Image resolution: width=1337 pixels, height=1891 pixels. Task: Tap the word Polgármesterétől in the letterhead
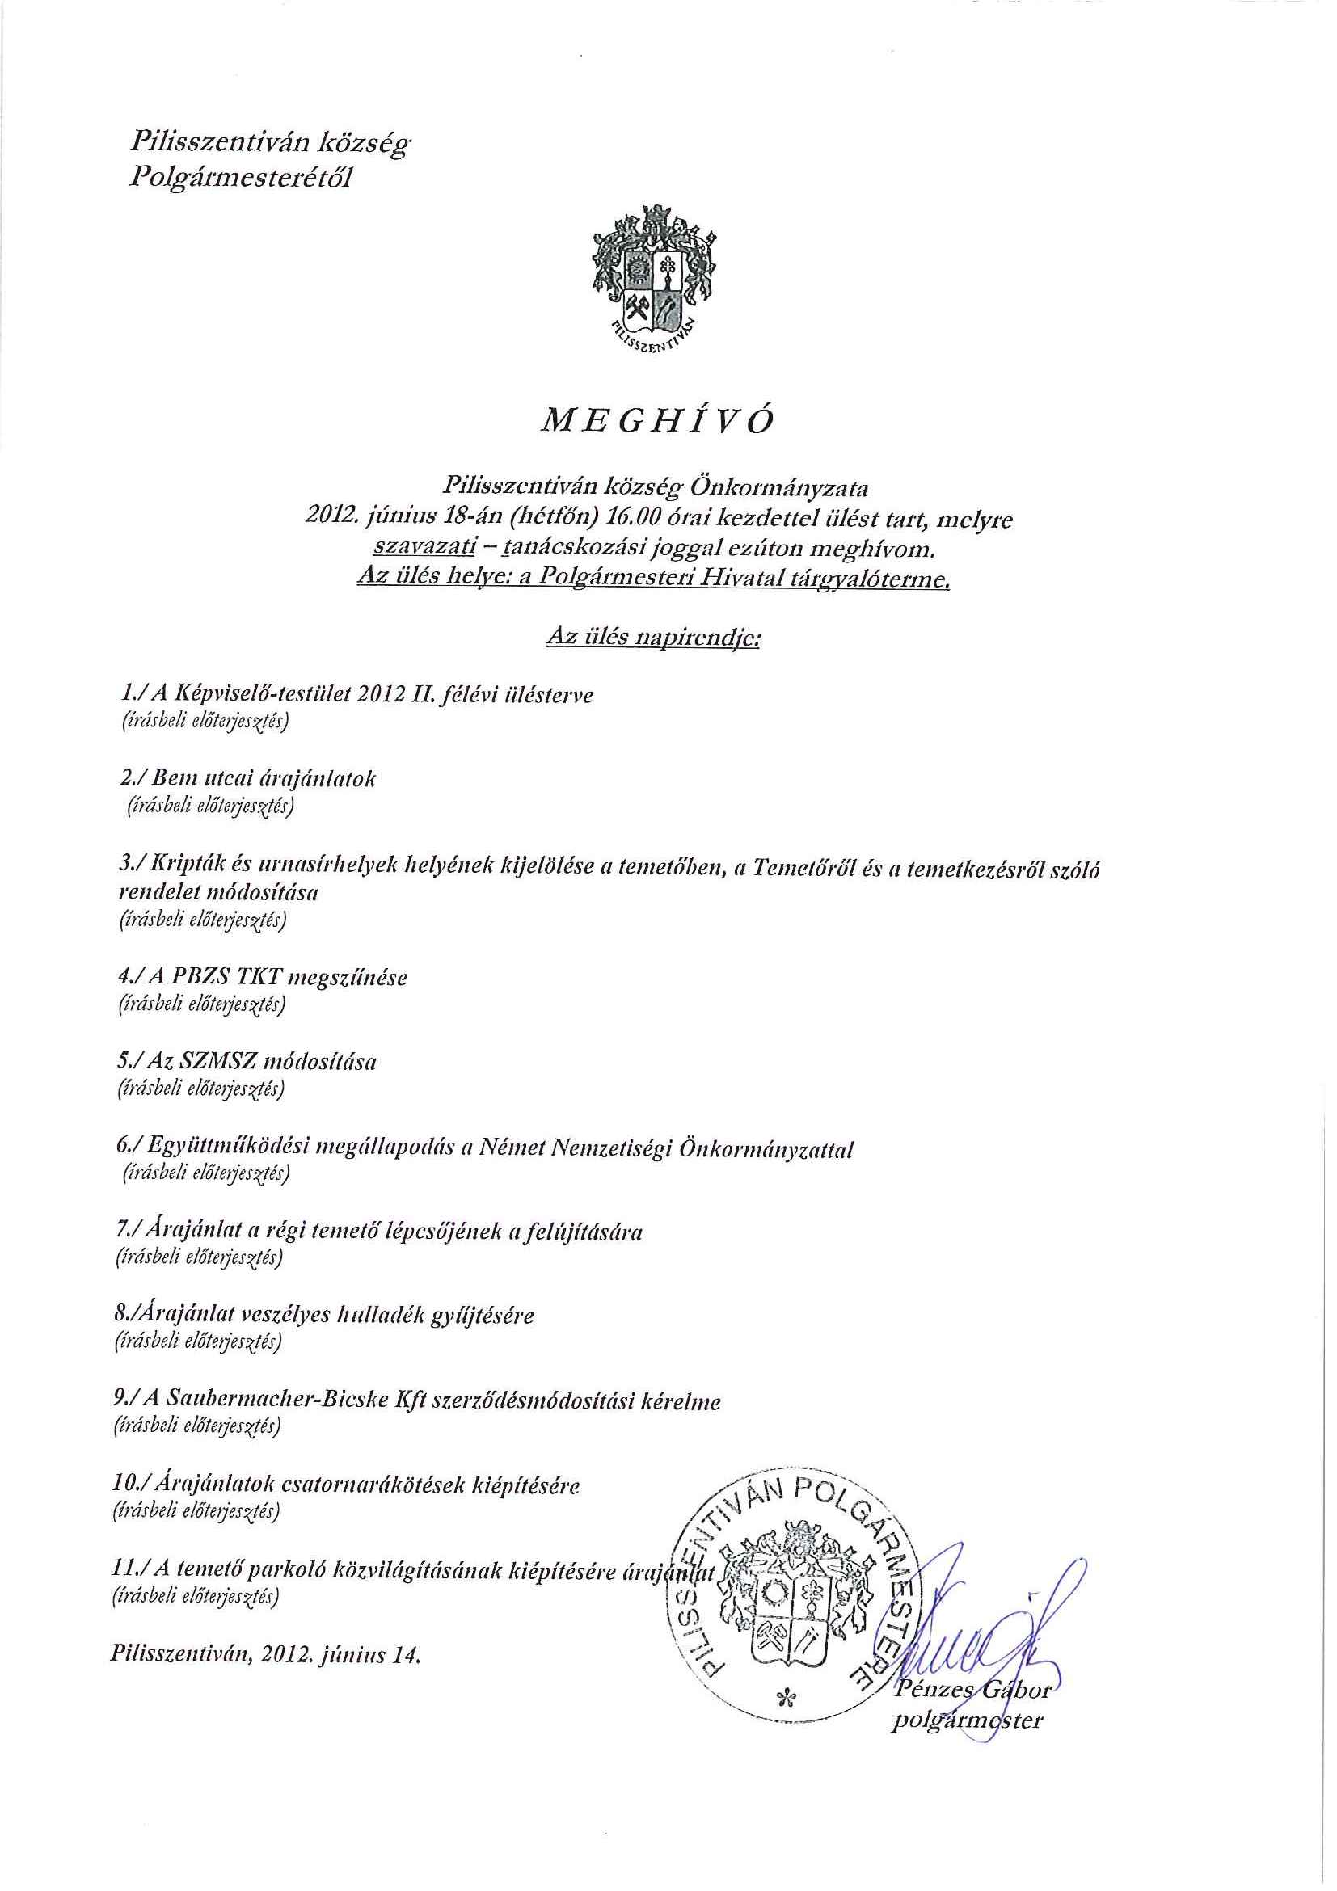point(241,179)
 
